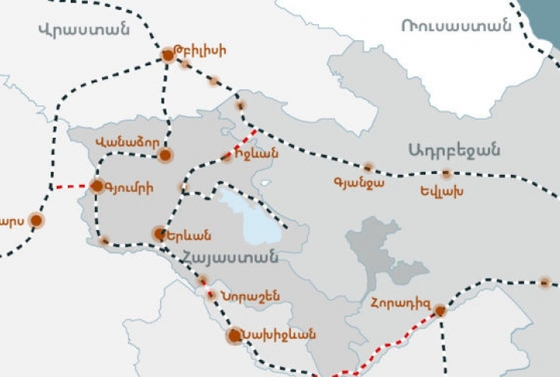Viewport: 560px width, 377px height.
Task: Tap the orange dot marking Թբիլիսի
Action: (168, 55)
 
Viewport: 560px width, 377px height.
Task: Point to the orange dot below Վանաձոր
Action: (165, 155)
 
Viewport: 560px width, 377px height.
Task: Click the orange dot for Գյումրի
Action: (97, 186)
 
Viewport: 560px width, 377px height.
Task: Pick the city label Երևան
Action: (191, 235)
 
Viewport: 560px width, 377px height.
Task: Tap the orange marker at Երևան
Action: (159, 233)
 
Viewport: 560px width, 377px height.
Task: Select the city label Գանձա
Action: (359, 183)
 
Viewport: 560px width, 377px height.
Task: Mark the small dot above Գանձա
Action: (368, 167)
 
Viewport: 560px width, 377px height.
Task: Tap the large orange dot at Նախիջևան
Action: (234, 336)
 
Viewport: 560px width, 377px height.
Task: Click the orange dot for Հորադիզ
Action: (440, 310)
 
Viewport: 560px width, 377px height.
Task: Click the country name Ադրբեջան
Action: (453, 150)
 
